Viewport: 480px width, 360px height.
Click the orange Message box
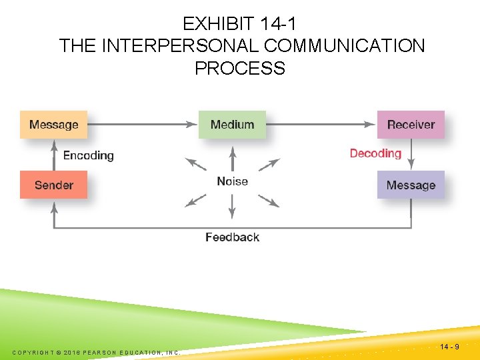coord(53,125)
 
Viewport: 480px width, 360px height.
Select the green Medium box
coord(232,125)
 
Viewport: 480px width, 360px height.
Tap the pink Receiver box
coord(411,125)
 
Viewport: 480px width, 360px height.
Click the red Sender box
coord(53,185)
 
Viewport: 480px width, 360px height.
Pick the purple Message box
coord(411,185)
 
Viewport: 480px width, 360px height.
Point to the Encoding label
coord(88,155)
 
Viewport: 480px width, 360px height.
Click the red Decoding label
coord(375,153)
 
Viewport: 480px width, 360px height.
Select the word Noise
coord(232,181)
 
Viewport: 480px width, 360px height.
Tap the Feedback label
coord(232,237)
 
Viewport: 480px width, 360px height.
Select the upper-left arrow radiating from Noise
coord(195,165)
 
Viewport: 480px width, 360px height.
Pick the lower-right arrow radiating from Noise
coord(269,201)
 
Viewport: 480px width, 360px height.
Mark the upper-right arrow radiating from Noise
coord(269,165)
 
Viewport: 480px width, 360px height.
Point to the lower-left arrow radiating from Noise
coord(195,201)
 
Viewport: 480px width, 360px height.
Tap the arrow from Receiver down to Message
coord(411,155)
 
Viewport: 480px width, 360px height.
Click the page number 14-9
coord(450,347)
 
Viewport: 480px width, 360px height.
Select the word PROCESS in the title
coord(239,68)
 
